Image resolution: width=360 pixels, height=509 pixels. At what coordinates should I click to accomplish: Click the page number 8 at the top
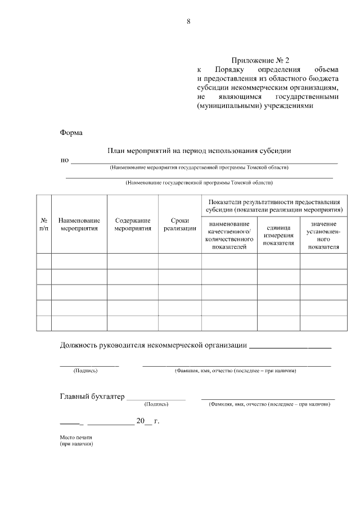[188, 22]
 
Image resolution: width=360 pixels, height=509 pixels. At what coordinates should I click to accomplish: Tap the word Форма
[71, 133]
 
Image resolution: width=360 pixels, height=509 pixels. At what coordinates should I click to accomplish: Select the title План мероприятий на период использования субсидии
[199, 151]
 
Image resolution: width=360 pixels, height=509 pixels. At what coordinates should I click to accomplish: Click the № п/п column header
[44, 224]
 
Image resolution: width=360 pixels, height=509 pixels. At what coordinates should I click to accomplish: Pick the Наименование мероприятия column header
[79, 224]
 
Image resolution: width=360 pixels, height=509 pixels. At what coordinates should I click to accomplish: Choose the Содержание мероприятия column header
[133, 224]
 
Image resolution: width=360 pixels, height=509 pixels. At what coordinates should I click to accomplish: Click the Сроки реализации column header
[179, 224]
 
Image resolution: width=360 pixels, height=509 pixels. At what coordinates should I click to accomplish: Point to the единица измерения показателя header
[278, 235]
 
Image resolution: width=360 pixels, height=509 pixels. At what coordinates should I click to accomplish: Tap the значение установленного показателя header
[323, 235]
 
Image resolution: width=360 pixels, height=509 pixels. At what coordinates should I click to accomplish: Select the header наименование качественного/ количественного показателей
[229, 235]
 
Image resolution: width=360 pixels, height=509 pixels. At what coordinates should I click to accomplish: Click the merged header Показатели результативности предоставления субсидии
[274, 205]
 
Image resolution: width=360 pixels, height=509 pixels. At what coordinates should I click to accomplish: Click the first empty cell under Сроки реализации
[179, 262]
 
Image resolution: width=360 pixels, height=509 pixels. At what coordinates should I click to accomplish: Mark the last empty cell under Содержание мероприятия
[133, 323]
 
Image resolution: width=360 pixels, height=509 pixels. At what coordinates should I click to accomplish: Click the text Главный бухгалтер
[92, 397]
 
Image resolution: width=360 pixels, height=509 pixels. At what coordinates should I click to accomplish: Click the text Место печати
[75, 437]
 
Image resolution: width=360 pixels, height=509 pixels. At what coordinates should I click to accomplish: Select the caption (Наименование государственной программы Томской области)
[199, 182]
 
